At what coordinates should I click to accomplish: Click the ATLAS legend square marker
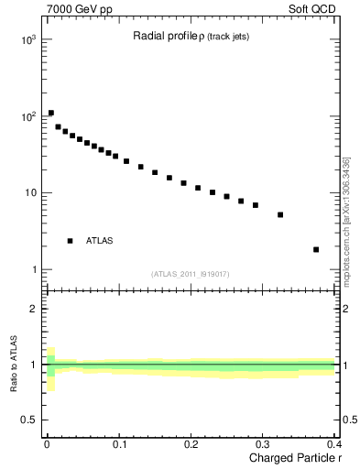point(70,241)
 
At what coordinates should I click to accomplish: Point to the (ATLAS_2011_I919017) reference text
point(191,274)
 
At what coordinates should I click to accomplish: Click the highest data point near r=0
point(51,113)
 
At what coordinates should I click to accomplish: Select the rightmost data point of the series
point(316,249)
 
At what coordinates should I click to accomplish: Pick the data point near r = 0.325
point(280,215)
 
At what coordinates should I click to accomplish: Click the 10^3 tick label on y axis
point(29,41)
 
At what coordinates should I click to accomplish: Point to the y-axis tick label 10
point(31,193)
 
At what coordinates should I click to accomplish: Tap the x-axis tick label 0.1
point(118,444)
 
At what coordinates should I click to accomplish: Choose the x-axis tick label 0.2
point(191,444)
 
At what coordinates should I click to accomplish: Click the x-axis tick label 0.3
point(262,444)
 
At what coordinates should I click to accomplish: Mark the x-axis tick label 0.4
point(333,444)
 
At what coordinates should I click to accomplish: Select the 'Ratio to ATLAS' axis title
point(13,366)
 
